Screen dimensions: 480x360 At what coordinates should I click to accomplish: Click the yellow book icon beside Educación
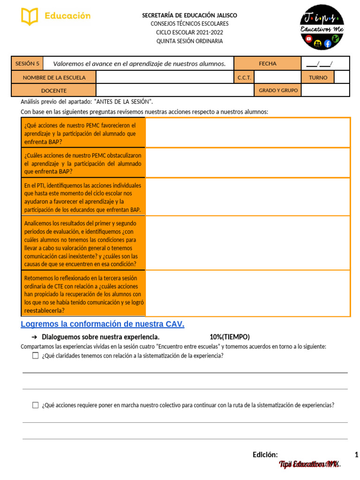[x=30, y=16]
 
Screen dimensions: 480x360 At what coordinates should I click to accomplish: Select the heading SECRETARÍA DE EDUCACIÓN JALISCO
[x=189, y=15]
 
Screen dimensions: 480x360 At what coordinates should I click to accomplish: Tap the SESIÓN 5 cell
[x=27, y=64]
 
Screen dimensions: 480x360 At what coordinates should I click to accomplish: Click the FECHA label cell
[x=267, y=64]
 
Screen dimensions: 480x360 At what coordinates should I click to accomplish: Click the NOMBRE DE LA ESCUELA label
[x=54, y=77]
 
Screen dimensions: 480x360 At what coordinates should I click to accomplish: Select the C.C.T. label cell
[x=244, y=77]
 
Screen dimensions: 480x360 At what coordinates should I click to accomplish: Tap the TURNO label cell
[x=318, y=77]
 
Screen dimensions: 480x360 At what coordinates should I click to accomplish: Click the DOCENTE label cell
[x=54, y=90]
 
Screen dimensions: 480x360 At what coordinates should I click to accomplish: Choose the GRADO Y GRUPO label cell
[x=278, y=90]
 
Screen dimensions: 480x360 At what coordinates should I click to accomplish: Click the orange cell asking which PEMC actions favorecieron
[x=83, y=133]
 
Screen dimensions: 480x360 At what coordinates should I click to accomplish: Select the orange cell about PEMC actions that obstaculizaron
[x=83, y=163]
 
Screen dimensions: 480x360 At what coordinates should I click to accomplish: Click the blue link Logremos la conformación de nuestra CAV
[x=103, y=324]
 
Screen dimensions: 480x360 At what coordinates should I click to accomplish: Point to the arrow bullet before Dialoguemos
[x=34, y=337]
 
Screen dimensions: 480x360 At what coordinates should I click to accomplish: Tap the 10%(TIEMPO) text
[x=230, y=337]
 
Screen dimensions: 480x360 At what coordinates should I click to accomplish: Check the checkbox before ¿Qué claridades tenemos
[x=35, y=356]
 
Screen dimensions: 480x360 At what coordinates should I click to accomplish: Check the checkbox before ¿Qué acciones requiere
[x=35, y=405]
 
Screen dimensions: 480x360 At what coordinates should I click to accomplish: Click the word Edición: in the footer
[x=265, y=455]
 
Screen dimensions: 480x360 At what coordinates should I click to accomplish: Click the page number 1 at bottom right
[x=356, y=455]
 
